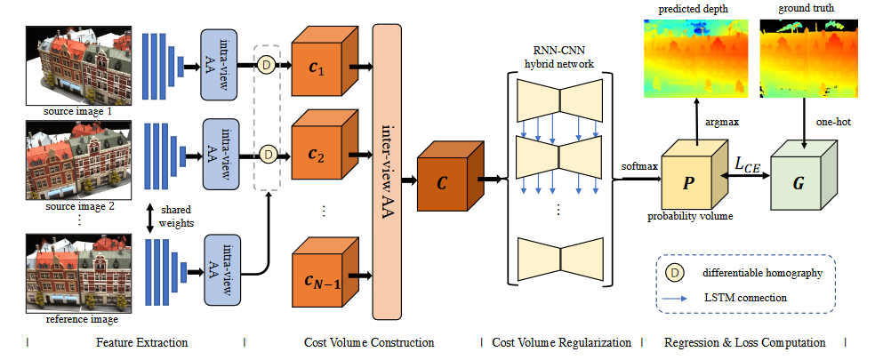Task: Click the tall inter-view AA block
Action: tap(387, 172)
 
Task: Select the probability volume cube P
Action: tap(695, 177)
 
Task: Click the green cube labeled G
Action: tap(804, 177)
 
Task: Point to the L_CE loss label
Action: tap(748, 165)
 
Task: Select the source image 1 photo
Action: tap(78, 65)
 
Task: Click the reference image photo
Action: tap(78, 273)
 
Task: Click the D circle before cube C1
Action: tap(267, 65)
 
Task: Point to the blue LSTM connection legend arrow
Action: tap(677, 298)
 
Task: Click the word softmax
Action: tap(639, 167)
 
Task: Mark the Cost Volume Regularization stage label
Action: tap(561, 342)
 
